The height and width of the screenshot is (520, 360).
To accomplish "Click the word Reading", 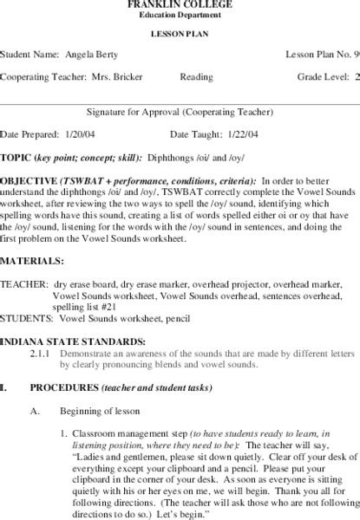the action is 196,76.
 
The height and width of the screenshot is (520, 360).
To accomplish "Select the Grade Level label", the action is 320,76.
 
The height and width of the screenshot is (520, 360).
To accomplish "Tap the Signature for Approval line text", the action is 180,112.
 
